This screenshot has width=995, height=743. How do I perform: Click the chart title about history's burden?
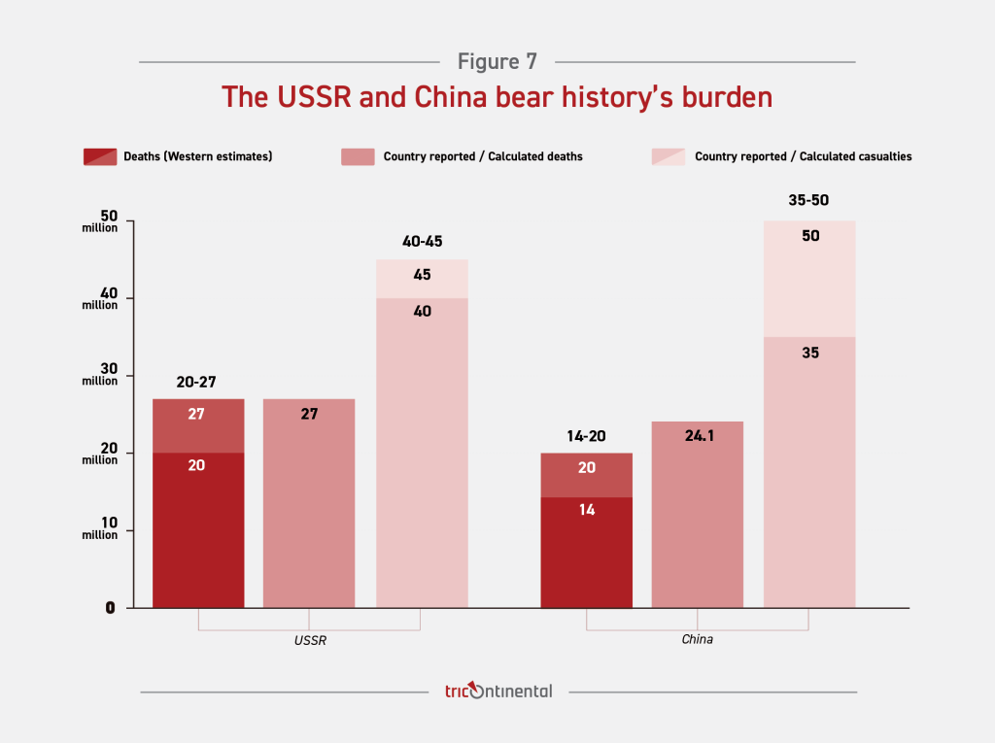pyautogui.click(x=497, y=97)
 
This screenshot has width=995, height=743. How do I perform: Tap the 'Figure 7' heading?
pyautogui.click(x=497, y=62)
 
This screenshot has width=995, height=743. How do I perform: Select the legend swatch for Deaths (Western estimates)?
pyautogui.click(x=100, y=156)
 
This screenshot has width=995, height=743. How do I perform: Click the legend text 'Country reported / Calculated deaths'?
pyautogui.click(x=483, y=156)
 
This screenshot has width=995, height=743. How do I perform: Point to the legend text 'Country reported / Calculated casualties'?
pyautogui.click(x=803, y=156)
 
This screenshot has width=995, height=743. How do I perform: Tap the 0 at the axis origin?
pyautogui.click(x=111, y=608)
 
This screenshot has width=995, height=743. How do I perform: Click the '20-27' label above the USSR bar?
pyautogui.click(x=196, y=382)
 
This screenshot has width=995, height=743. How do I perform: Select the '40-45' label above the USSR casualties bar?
pyautogui.click(x=422, y=242)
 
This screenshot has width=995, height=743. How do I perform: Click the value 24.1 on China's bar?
pyautogui.click(x=698, y=437)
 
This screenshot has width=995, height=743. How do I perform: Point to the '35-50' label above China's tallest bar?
pyautogui.click(x=809, y=201)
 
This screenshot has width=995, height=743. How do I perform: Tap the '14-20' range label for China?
pyautogui.click(x=586, y=436)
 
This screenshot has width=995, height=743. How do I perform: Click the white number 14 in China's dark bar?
pyautogui.click(x=586, y=509)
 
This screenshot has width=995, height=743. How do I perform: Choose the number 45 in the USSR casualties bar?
pyautogui.click(x=422, y=275)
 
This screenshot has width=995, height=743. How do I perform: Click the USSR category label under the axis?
pyautogui.click(x=309, y=640)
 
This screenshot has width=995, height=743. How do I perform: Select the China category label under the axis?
pyautogui.click(x=698, y=640)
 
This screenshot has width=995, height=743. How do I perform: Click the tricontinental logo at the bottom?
pyautogui.click(x=497, y=692)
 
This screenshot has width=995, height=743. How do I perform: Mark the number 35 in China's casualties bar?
pyautogui.click(x=810, y=353)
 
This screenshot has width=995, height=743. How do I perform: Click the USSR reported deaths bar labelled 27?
pyautogui.click(x=309, y=505)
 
